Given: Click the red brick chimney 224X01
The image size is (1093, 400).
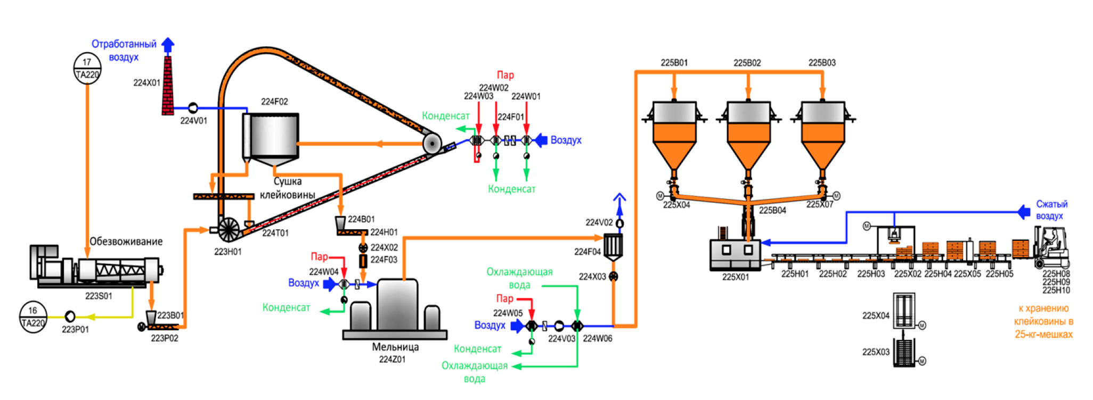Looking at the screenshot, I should click(x=167, y=86).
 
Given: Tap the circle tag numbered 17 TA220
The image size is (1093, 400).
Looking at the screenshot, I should click(x=87, y=68).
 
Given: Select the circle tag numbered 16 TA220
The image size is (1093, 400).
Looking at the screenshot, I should click(x=33, y=317).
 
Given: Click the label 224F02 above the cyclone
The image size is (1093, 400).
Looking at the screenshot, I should click(x=274, y=102).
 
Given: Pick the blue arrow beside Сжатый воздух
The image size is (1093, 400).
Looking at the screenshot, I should click(x=1023, y=212).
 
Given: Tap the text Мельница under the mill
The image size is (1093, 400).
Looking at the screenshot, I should click(x=395, y=347).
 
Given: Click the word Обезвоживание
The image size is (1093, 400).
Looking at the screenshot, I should click(x=126, y=241).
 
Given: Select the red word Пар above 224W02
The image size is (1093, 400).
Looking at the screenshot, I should click(x=505, y=75).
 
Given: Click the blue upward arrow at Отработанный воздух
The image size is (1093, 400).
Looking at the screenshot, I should click(x=168, y=45).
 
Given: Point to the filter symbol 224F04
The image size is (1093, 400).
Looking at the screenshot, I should click(x=613, y=246).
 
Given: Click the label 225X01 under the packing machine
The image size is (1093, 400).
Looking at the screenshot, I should click(x=736, y=277).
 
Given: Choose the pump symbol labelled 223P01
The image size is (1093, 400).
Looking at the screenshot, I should click(x=69, y=317).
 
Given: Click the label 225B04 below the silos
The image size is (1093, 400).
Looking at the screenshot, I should click(x=772, y=210).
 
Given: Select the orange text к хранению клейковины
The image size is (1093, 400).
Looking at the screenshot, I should click(x=1043, y=321).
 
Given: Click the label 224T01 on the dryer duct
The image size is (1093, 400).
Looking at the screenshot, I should click(x=275, y=233).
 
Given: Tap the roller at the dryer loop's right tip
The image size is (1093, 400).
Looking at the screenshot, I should click(x=432, y=144).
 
